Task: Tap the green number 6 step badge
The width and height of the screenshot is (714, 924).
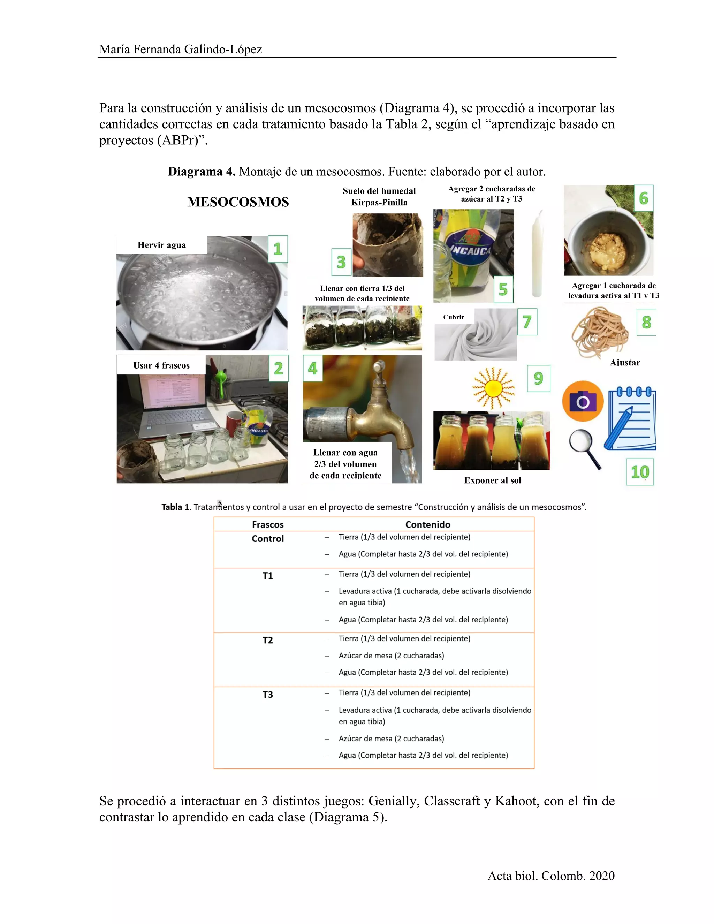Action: pyautogui.click(x=643, y=198)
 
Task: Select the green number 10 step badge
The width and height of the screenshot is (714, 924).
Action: pyautogui.click(x=639, y=472)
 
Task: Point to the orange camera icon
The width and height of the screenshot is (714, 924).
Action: pyautogui.click(x=583, y=401)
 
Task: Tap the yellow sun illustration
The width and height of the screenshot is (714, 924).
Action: pyautogui.click(x=493, y=388)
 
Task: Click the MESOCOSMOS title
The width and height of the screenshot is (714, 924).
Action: pyautogui.click(x=238, y=202)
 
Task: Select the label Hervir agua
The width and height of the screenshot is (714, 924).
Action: pyautogui.click(x=161, y=245)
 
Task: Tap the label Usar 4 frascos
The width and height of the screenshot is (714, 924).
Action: pyautogui.click(x=161, y=365)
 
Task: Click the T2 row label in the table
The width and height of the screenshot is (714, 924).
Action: pyautogui.click(x=268, y=640)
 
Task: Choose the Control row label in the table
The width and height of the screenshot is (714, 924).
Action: pyautogui.click(x=268, y=539)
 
